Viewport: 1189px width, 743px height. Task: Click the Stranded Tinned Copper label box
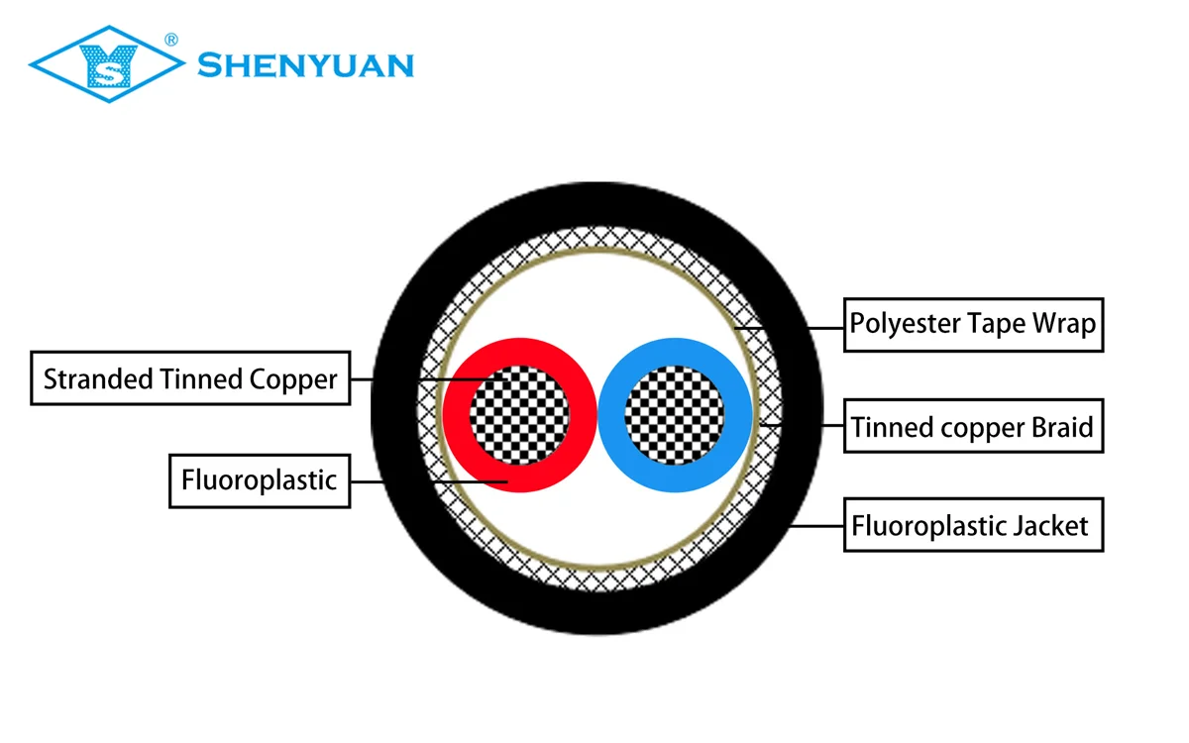click(190, 377)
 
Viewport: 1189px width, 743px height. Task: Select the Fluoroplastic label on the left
click(260, 480)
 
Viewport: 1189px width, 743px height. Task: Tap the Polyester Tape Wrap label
click(973, 324)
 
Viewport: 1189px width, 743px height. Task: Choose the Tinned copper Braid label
click(973, 427)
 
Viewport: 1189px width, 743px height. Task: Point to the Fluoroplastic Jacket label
click(973, 525)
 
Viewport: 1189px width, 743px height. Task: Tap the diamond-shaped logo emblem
click(106, 65)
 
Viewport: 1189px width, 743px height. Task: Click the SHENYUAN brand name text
click(305, 66)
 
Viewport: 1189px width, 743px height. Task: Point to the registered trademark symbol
click(170, 40)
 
